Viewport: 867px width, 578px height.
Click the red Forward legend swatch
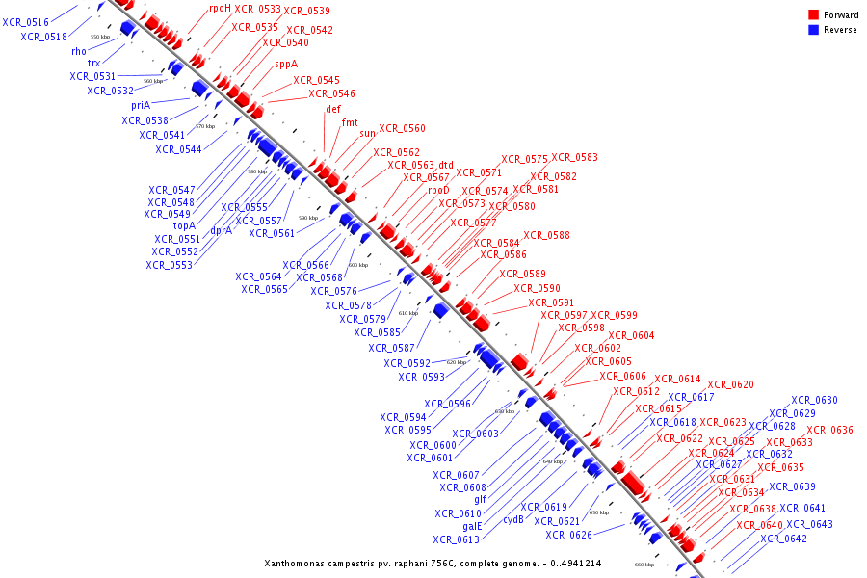[813, 15]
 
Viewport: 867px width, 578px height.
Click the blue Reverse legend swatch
[813, 30]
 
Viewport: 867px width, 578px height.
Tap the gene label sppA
[286, 64]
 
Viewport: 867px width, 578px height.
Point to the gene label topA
[184, 226]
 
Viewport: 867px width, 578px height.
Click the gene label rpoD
[438, 190]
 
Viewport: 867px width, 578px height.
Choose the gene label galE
[472, 526]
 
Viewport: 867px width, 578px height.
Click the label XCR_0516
[25, 22]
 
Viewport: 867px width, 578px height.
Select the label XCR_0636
[829, 430]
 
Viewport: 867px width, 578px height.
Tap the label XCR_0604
[630, 335]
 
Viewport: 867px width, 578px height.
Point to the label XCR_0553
[169, 265]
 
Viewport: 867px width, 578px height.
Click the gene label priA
[141, 105]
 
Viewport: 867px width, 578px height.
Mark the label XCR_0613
[456, 539]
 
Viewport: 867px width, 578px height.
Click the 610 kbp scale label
[407, 313]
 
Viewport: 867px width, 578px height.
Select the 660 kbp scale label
[644, 565]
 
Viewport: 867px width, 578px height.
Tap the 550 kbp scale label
[100, 37]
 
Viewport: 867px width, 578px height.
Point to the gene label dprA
[221, 230]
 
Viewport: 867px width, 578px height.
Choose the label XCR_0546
[331, 93]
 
